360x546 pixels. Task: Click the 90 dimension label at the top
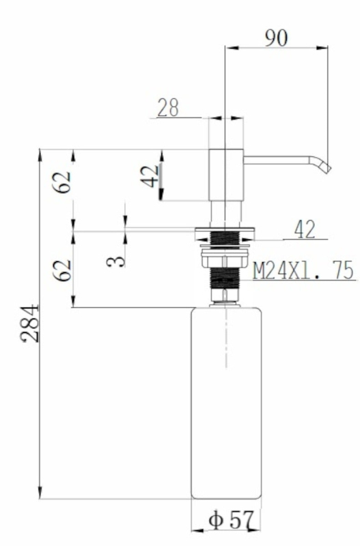tap(277, 38)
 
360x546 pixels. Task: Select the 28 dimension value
tap(168, 108)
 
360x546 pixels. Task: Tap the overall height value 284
tap(30, 323)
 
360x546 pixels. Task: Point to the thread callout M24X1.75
tap(303, 270)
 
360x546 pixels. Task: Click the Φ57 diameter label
tap(230, 520)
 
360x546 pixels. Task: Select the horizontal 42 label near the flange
tap(305, 229)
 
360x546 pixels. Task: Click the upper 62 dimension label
tap(62, 182)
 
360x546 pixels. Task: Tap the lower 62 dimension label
tap(62, 270)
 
